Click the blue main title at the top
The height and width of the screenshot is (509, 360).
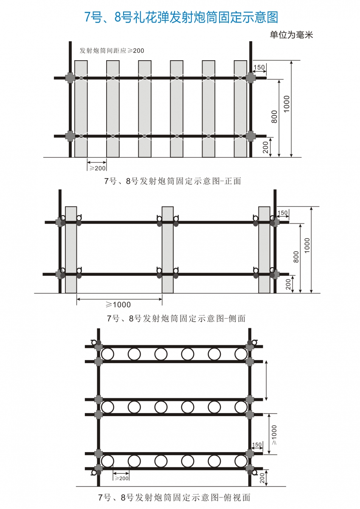click(181, 17)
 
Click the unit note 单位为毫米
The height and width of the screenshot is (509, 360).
click(291, 35)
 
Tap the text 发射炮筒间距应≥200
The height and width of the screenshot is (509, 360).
click(112, 50)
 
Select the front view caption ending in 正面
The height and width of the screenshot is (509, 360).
click(173, 181)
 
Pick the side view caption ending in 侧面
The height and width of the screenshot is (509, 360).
click(176, 319)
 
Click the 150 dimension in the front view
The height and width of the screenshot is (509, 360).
click(259, 67)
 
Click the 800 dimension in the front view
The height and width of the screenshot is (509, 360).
click(275, 117)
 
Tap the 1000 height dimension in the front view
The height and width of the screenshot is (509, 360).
click(287, 104)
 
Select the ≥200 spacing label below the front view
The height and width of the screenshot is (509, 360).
click(97, 168)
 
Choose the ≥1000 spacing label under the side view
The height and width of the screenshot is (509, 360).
click(118, 305)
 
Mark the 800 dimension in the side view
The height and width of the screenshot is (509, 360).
click(296, 257)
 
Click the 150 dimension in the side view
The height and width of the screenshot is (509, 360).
click(283, 213)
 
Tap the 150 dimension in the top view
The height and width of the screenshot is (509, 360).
click(257, 445)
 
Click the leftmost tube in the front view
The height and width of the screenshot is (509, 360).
click(81, 109)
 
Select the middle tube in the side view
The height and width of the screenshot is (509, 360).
click(168, 250)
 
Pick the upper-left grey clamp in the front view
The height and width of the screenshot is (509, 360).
click(70, 78)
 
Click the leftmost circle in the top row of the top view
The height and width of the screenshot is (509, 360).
click(107, 354)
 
